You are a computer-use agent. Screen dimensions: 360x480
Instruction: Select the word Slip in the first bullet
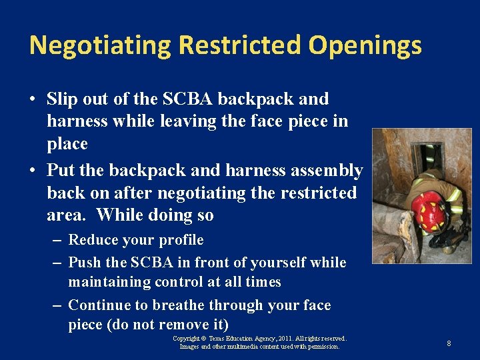[61, 99]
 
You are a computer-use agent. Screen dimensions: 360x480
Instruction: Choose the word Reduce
[93, 239]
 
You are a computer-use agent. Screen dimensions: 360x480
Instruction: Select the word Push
[85, 262]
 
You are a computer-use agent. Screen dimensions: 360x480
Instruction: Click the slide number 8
[449, 343]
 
